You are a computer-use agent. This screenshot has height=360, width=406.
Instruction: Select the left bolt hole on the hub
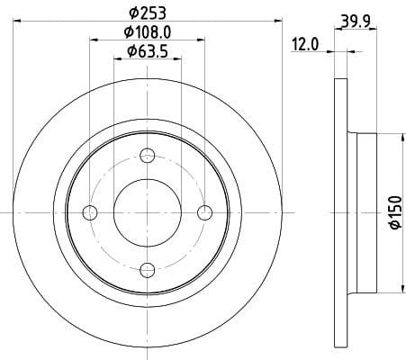[x=89, y=212]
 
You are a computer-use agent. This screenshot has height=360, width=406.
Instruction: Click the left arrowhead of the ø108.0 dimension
[x=93, y=40]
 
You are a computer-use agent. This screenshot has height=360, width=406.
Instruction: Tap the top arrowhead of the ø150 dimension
[x=394, y=137]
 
